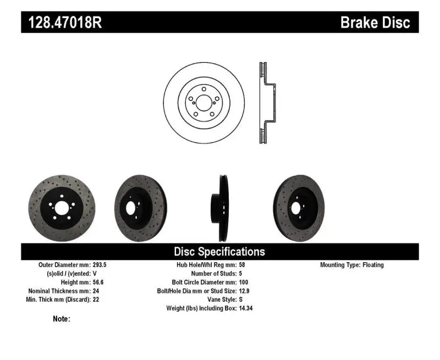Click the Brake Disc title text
click(376, 23)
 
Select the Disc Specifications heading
click(219, 252)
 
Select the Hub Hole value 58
click(242, 265)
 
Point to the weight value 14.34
click(246, 309)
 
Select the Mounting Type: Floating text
click(352, 265)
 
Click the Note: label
click(62, 318)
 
